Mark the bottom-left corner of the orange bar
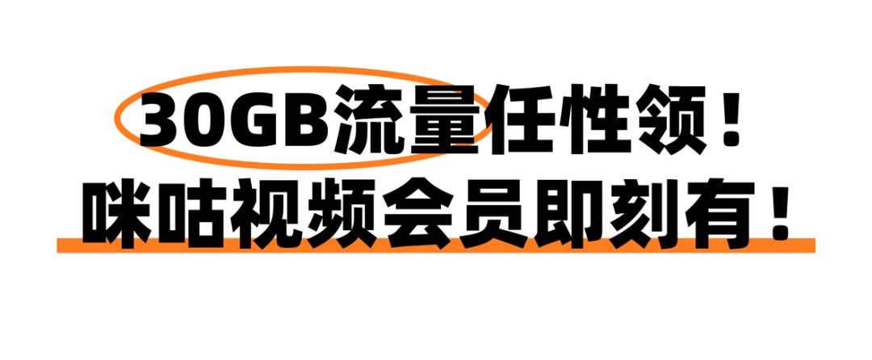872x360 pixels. [x=57, y=253]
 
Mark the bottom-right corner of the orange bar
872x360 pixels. [x=815, y=253]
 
